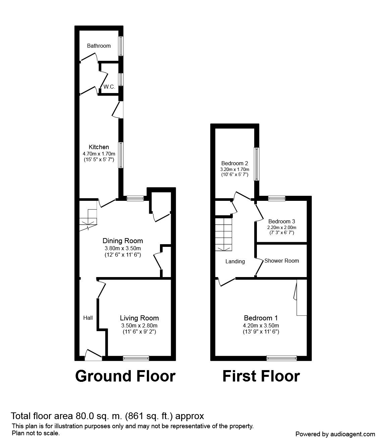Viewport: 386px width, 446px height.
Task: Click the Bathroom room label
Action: tap(99, 46)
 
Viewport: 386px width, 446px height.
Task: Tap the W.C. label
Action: tap(109, 87)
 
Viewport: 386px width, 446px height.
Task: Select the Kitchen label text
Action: tap(99, 147)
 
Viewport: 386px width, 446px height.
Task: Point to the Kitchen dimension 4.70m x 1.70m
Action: tap(99, 154)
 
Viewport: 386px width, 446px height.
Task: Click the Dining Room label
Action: tap(123, 240)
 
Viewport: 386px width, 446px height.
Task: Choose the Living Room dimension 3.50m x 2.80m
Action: tap(139, 325)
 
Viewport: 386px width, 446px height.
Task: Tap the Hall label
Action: tap(88, 318)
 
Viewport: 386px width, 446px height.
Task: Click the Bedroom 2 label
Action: tap(234, 163)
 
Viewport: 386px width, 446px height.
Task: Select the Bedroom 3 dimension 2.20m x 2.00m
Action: tap(282, 227)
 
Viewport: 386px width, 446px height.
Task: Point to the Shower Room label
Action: tap(281, 261)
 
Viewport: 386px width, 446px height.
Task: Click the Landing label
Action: tap(235, 262)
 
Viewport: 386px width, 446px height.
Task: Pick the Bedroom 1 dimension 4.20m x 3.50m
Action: tap(261, 325)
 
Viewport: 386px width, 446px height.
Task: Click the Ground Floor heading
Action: tap(125, 376)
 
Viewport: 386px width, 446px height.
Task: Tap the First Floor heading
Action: tap(261, 376)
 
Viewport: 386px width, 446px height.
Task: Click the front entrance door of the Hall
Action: tap(93, 355)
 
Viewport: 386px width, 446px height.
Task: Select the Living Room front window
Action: tap(136, 358)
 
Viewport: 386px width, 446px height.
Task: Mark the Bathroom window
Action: tap(121, 46)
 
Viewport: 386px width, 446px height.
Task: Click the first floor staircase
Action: tap(224, 234)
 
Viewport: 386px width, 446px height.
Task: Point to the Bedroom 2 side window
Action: tap(257, 164)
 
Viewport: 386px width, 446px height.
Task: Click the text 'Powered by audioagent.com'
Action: tap(335, 434)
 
